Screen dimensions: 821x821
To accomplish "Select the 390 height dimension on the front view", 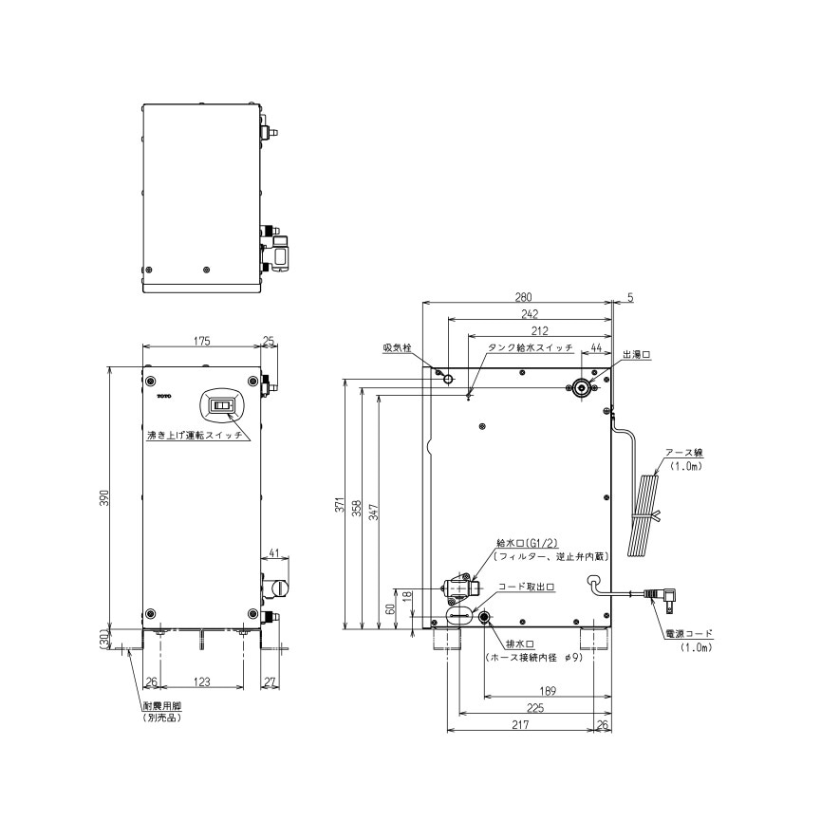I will [x=105, y=497].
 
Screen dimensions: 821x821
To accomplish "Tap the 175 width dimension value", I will [x=201, y=340].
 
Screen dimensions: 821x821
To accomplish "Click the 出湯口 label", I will [x=635, y=354].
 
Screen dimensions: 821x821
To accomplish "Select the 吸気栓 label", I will [x=396, y=348].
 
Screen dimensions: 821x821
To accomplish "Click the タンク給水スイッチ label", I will [x=530, y=348].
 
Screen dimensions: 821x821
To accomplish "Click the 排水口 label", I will [x=499, y=644].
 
